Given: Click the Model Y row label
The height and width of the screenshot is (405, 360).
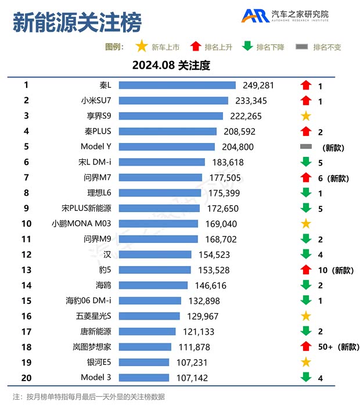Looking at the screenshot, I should click(96, 147).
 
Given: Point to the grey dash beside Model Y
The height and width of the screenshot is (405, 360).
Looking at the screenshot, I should click(306, 146).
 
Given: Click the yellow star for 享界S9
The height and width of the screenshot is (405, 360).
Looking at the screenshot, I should click(306, 116).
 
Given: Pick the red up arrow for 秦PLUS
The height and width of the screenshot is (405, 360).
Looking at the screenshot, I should click(306, 131).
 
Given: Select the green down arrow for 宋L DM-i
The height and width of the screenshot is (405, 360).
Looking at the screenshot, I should click(306, 162).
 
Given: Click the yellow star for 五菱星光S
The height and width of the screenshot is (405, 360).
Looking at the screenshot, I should click(306, 316).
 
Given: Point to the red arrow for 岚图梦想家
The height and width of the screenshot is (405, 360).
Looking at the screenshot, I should click(306, 347).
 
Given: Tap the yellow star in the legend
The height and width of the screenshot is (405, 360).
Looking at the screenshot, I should click(141, 46).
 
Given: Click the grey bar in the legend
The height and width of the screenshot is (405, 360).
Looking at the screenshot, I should click(301, 46).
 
